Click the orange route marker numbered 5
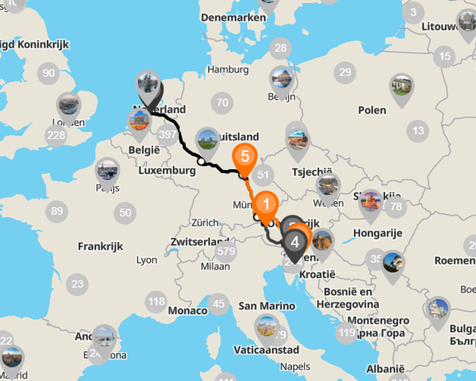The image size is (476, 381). click(244, 157)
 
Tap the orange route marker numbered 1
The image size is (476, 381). click(266, 204)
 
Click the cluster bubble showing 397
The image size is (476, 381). click(168, 135)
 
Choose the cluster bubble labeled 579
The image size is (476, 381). click(225, 251)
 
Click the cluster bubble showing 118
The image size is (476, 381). click(156, 302)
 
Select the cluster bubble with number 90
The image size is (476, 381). click(49, 73)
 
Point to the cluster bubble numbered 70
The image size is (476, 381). click(222, 103)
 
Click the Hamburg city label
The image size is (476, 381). click(228, 69)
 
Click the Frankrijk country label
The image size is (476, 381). click(101, 247)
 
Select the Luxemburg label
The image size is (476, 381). click(168, 171)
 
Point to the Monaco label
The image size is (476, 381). click(187, 311)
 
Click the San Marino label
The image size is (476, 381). click(267, 306)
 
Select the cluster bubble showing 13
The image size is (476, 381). click(418, 131)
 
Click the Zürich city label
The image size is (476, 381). click(205, 223)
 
